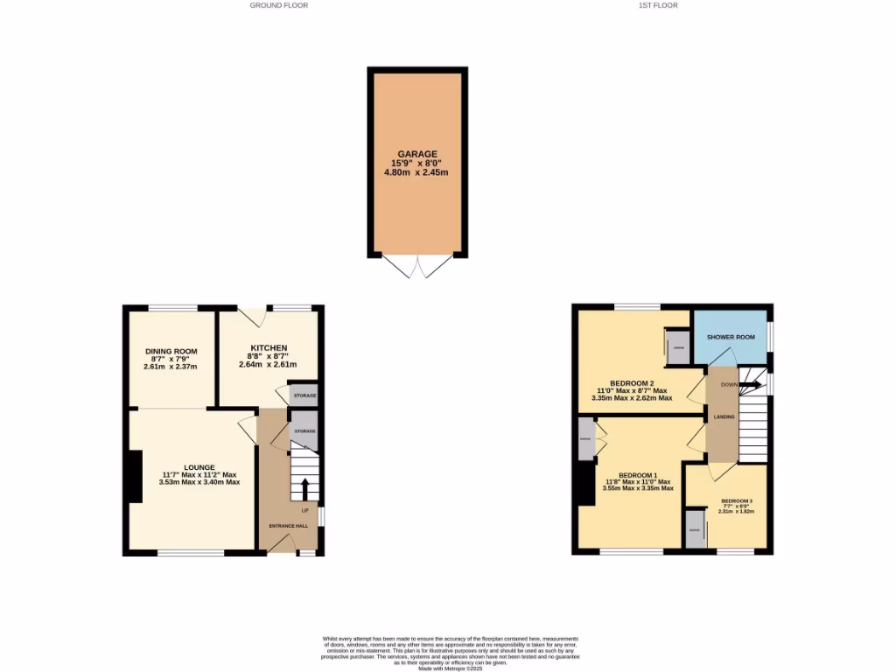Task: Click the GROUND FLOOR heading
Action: tap(278, 5)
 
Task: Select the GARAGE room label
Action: tap(416, 154)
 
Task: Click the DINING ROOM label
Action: tap(171, 351)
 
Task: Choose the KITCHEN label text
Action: tap(268, 348)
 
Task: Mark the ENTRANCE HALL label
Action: tap(286, 524)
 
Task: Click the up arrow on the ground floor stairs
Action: tap(305, 486)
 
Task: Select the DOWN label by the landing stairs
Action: tap(728, 384)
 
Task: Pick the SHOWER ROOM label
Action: tap(731, 337)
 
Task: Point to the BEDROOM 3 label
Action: tap(737, 501)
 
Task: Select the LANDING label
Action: tap(723, 416)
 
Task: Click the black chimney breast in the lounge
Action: tap(135, 476)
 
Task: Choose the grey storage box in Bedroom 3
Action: tap(695, 531)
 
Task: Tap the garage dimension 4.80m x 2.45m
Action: tap(416, 172)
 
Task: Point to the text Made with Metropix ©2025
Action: tap(450, 668)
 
